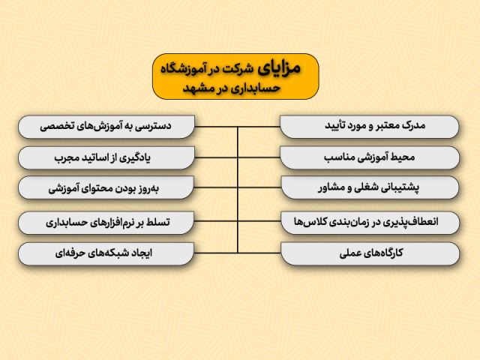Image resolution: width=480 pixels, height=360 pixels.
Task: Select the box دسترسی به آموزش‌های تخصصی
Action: point(106,126)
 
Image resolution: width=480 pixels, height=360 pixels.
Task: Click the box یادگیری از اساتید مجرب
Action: point(106,157)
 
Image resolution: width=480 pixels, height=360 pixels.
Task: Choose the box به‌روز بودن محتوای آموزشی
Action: point(106,189)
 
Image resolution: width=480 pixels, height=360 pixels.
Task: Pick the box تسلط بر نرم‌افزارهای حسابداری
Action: point(106,223)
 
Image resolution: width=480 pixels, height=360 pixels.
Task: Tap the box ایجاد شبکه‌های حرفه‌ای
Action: point(106,254)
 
